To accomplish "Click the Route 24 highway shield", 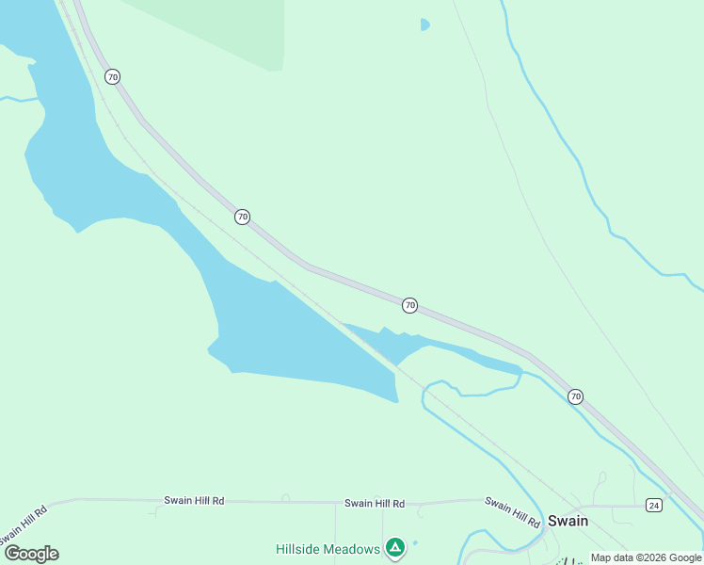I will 654,506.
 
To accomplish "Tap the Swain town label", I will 568,521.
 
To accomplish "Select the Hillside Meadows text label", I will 328,549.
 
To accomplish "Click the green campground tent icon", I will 395,547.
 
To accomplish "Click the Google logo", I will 31,554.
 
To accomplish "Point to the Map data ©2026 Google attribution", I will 646,557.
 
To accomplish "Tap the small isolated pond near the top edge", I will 424,24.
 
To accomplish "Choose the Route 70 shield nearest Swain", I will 575,396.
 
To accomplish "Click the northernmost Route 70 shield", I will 113,76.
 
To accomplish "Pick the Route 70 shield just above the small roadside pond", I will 409,305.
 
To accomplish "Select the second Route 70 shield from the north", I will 242,217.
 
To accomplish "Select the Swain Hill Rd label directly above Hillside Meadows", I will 374,504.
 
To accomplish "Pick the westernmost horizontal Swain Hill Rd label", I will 193,501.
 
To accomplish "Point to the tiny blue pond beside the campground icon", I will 415,542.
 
